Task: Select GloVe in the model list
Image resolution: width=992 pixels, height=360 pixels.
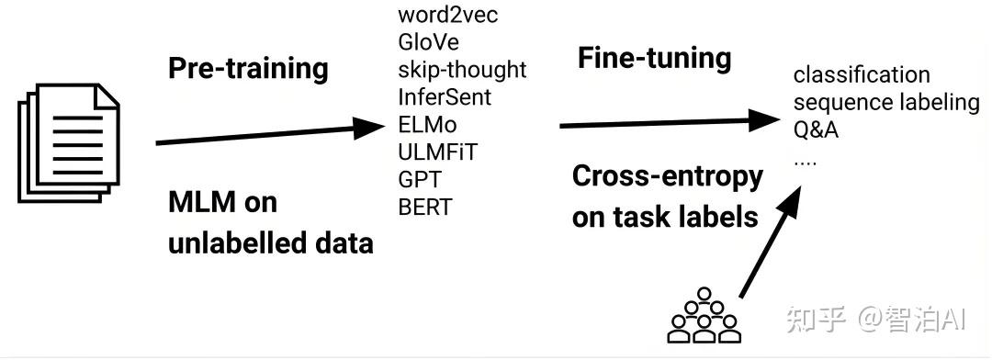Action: [428, 42]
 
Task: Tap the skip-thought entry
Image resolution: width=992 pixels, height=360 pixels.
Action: [462, 70]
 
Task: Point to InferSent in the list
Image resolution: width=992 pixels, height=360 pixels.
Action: [445, 96]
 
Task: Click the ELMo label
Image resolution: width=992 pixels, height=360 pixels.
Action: [427, 124]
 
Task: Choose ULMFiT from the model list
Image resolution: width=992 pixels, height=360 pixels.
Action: [437, 152]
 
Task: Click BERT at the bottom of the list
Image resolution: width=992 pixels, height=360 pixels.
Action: [425, 207]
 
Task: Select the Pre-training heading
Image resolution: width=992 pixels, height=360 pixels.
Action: [248, 68]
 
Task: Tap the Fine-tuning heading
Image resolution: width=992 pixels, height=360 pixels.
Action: [654, 59]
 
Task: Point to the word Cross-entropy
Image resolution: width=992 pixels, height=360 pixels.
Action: [667, 176]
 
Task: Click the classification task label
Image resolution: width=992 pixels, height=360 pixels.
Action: [861, 74]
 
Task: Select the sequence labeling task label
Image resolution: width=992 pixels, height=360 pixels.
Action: [885, 102]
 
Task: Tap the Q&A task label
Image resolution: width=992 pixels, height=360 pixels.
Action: [816, 129]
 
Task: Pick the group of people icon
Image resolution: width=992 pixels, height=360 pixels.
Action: [705, 317]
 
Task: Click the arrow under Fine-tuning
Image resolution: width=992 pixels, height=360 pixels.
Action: [671, 121]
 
